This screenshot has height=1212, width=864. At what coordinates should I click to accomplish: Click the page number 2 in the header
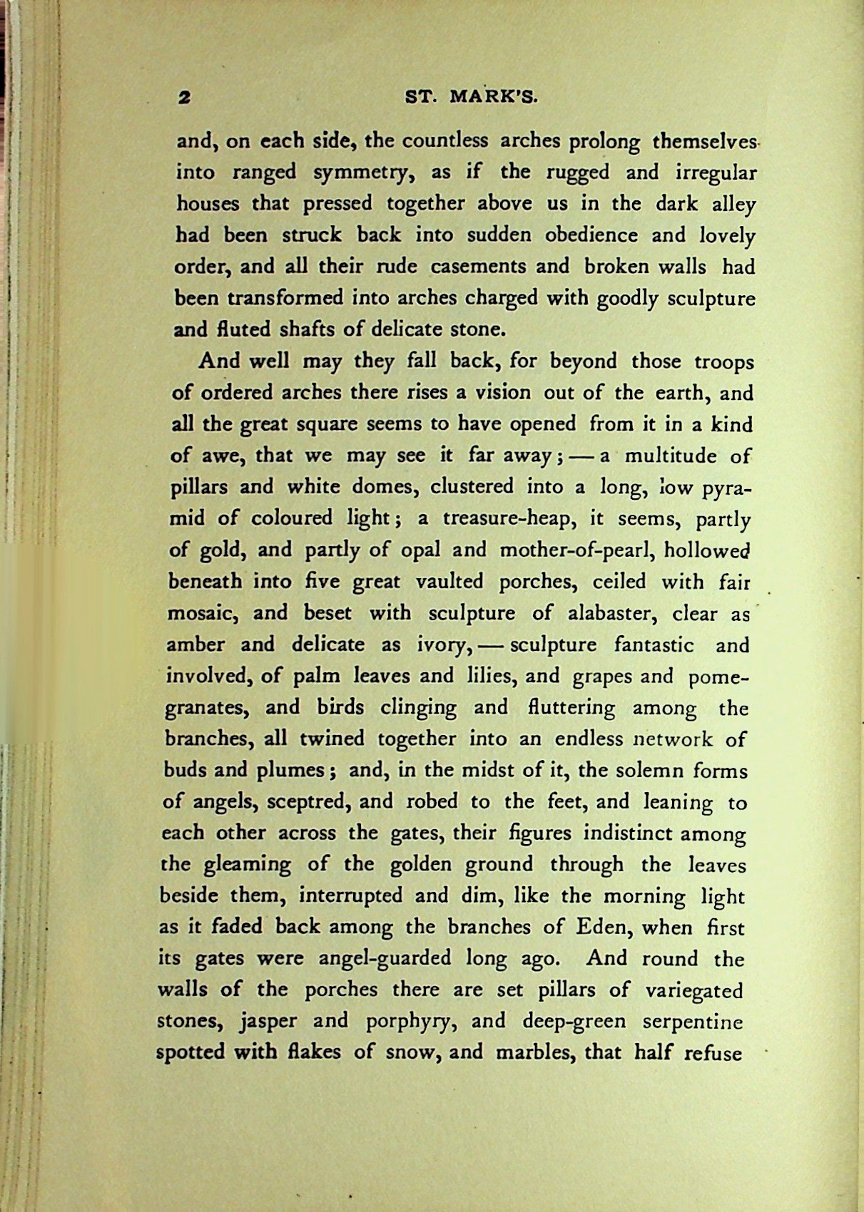click(x=185, y=98)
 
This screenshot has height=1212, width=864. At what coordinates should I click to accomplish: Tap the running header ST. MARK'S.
click(x=471, y=98)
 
